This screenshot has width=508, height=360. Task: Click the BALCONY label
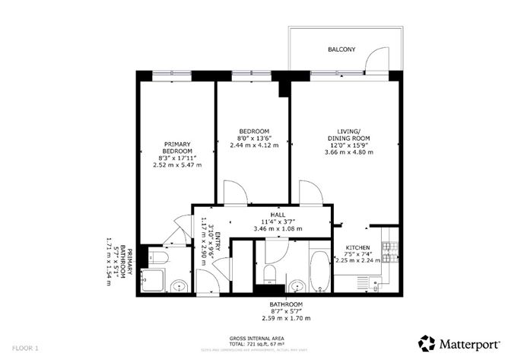pos(341,49)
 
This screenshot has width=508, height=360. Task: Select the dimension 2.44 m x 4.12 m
pos(250,145)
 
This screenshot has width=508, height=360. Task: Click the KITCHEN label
pos(357,249)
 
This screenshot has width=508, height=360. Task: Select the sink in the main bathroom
pos(296,287)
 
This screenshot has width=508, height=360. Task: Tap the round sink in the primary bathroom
pos(178,287)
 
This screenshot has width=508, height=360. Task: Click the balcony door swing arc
pos(373,59)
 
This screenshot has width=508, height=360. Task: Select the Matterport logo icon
pos(427,342)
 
